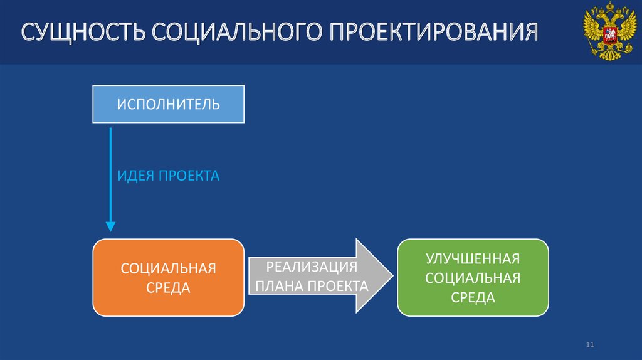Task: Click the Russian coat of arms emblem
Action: pos(606,32)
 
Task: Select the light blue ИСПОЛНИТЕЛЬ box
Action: pos(168,104)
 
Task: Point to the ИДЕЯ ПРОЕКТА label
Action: pos(169,176)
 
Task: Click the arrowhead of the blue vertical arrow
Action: pos(110,226)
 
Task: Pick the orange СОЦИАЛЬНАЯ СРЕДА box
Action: pos(168,277)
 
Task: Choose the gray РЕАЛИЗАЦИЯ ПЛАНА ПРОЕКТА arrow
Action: pos(320,275)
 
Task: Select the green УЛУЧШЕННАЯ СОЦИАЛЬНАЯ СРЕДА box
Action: pos(473,277)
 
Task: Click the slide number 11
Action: pos(589,345)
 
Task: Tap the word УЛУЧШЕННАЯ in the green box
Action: pos(473,258)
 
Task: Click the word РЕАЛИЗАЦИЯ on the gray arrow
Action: pos(312,267)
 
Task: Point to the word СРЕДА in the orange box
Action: pos(168,288)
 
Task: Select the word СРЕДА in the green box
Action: pos(473,297)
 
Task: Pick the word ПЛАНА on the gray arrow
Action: pos(278,287)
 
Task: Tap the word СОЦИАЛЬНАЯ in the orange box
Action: pos(168,268)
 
